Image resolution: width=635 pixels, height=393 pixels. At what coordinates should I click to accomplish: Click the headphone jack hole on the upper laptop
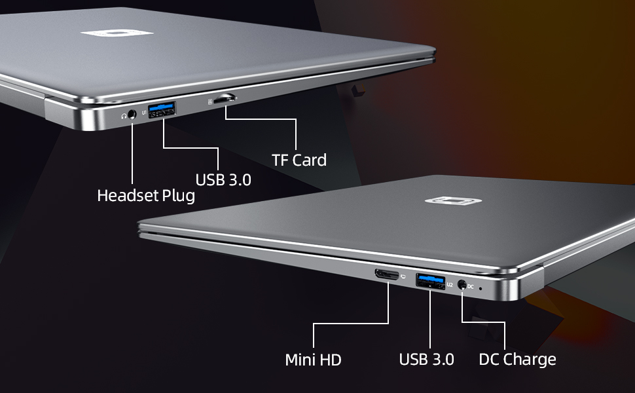[x=134, y=114]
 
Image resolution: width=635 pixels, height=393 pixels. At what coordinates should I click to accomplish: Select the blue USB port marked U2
[x=429, y=280]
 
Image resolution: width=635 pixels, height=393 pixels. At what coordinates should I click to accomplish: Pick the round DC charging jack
[x=463, y=285]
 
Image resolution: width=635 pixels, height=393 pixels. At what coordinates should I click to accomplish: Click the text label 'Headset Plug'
[x=146, y=195]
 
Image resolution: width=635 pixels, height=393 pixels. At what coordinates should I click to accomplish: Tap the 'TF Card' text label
[x=299, y=159]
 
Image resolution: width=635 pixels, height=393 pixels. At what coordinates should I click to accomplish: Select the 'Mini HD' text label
[x=313, y=360]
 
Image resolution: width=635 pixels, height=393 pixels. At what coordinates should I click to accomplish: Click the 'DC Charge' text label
[x=517, y=359]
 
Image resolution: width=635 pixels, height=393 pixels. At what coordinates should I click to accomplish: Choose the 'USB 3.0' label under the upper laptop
[x=223, y=179]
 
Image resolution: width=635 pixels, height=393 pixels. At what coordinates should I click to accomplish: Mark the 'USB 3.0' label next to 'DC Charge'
[x=426, y=359]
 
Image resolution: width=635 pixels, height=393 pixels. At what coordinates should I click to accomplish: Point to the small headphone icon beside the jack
[x=124, y=115]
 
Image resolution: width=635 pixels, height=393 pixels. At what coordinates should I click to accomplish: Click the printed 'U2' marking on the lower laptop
[x=450, y=284]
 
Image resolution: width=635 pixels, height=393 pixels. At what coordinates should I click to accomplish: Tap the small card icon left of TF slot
[x=210, y=101]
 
